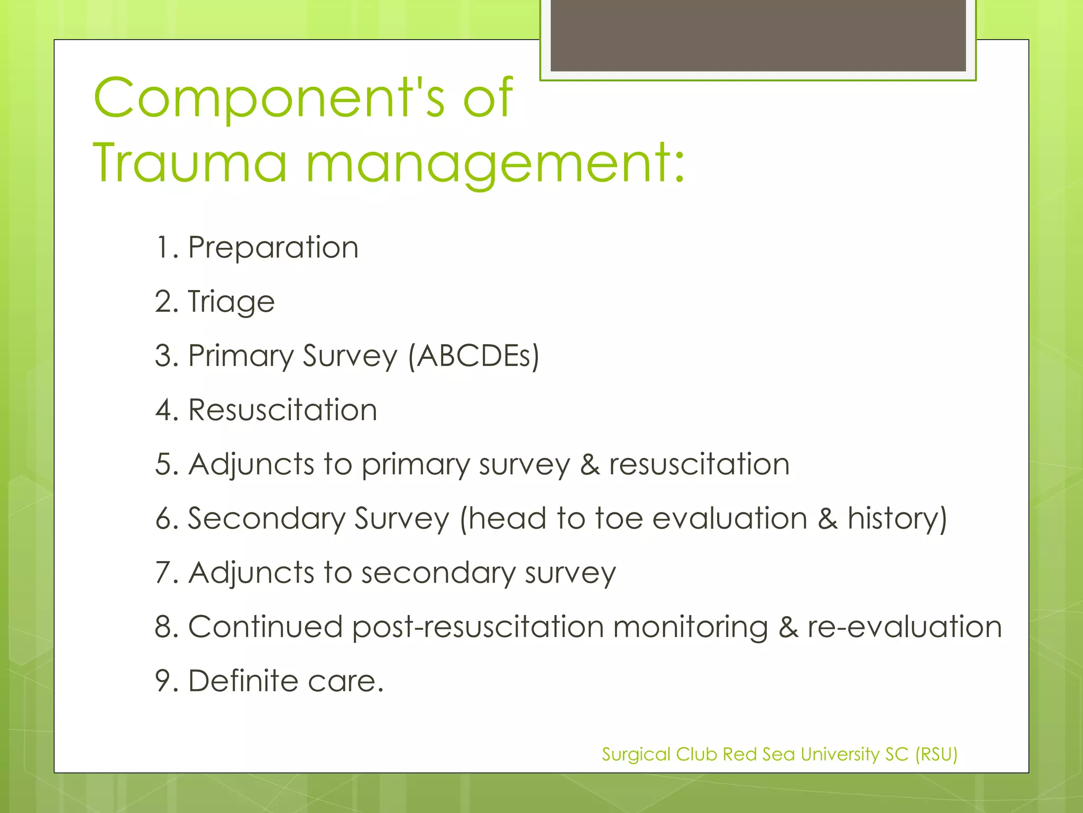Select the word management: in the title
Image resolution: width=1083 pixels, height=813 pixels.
pyautogui.click(x=495, y=164)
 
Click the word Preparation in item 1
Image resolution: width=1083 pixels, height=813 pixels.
pyautogui.click(x=273, y=248)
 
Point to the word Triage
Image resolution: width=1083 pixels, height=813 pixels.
pyautogui.click(x=231, y=302)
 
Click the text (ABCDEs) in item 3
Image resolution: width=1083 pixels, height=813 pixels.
pyautogui.click(x=474, y=356)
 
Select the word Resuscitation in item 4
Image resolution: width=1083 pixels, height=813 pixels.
pyautogui.click(x=282, y=410)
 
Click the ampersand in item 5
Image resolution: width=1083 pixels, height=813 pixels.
pyautogui.click(x=590, y=465)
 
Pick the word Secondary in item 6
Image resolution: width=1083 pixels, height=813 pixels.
pyautogui.click(x=266, y=519)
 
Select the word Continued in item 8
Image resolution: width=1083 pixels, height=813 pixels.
pyautogui.click(x=265, y=627)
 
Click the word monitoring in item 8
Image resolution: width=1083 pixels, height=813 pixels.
pyautogui.click(x=690, y=628)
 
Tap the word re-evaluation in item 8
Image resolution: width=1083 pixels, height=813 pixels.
pyautogui.click(x=904, y=627)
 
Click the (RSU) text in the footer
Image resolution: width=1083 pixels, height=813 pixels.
pyautogui.click(x=937, y=754)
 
